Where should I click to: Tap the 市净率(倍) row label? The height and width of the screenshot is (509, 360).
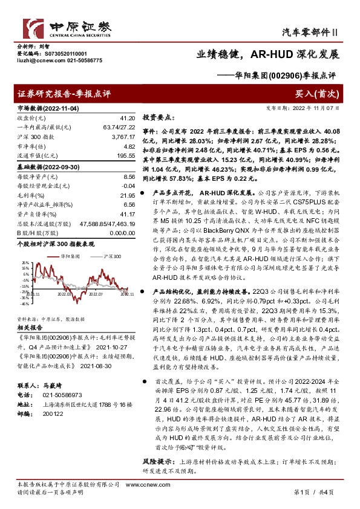coord(30,146)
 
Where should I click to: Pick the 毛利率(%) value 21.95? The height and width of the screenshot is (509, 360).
coord(125,195)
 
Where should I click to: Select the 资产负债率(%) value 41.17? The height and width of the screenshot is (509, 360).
coord(125,215)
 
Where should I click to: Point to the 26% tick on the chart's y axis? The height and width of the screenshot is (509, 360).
coord(25,262)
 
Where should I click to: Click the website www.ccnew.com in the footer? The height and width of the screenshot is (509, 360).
coord(142,485)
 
